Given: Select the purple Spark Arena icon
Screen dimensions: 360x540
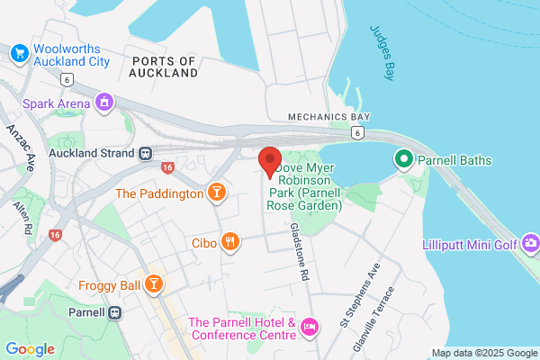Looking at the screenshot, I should pos(104,103).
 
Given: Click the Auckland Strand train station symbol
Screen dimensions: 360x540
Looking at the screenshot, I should pos(145,154).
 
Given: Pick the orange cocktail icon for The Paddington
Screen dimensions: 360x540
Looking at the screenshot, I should pos(216,193).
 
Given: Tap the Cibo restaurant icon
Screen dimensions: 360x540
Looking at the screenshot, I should pos(231,241).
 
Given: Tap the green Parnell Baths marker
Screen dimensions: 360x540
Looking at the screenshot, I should pos(404,160).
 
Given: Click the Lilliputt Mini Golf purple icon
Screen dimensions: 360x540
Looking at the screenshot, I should pos(531,243).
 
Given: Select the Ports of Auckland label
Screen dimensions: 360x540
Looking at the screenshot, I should pos(163,67).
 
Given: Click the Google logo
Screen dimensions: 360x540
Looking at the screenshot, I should pos(30,349).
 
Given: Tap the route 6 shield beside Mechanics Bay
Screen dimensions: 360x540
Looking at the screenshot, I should pos(357,132).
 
